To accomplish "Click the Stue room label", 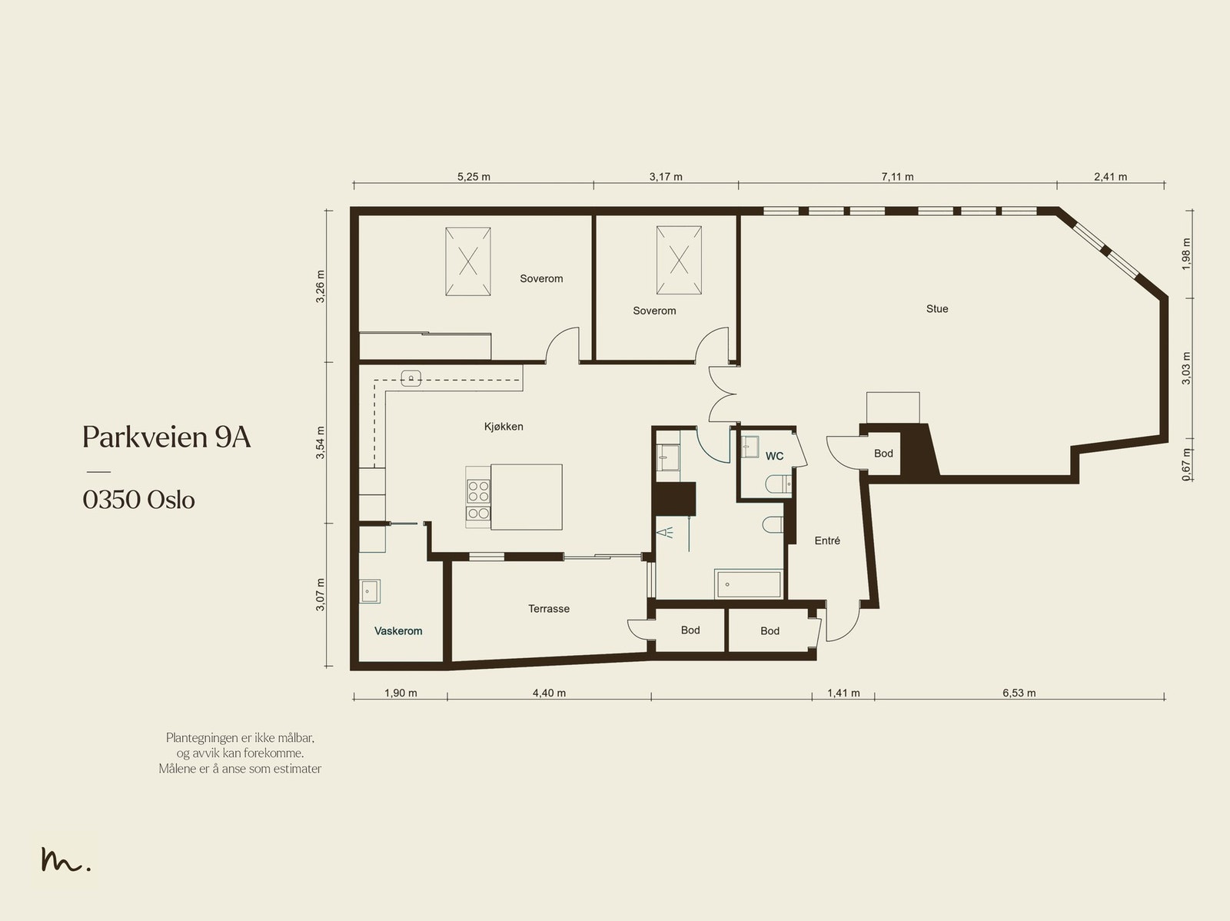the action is (937, 309).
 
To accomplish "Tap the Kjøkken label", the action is (504, 427).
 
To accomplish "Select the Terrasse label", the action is (549, 608).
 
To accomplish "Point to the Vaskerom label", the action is (398, 631).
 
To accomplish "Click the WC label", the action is (774, 456).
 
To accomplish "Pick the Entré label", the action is (827, 540).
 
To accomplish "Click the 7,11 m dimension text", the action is (897, 177).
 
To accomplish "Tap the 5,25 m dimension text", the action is (474, 177).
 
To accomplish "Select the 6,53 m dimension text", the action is (1019, 693).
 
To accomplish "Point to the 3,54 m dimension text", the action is (320, 443).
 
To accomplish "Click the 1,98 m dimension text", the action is (1186, 254).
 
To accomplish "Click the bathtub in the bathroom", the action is (748, 584).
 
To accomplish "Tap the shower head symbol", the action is (665, 532).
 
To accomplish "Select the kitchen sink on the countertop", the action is (411, 379).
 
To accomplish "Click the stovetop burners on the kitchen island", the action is (478, 499).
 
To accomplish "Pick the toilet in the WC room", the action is (778, 484).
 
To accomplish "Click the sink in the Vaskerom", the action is (370, 591).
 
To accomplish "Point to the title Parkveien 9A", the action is (166, 437).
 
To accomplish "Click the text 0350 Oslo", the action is (138, 500).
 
